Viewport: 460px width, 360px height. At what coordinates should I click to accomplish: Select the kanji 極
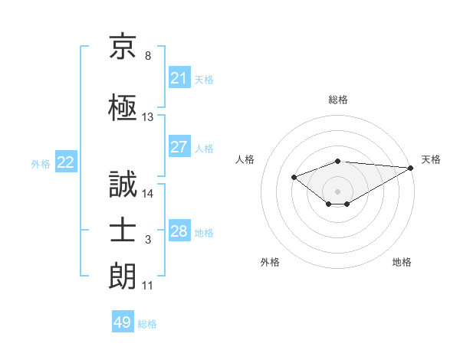coord(123,106)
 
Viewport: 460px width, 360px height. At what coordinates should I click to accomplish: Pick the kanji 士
coord(123,229)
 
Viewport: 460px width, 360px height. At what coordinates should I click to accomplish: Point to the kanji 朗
coord(123,276)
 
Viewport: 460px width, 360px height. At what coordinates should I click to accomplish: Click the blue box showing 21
coord(179,77)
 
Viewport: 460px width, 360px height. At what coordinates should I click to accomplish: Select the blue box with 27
coord(179,147)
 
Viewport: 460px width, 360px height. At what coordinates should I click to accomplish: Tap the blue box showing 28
coord(179,231)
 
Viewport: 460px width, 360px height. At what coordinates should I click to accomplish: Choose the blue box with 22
coord(66,162)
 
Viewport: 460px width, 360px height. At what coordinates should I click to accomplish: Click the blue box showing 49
coord(123,322)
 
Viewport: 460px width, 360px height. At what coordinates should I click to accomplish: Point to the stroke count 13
coord(148,117)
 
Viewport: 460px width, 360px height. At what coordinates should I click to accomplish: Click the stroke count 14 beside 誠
coord(148,193)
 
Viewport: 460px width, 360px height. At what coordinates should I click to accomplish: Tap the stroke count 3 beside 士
coord(148,241)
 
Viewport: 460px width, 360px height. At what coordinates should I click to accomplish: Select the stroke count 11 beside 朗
coord(148,286)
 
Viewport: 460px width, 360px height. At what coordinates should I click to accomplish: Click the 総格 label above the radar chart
coord(338,100)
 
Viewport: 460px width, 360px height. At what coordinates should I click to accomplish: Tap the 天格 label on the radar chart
coord(431,159)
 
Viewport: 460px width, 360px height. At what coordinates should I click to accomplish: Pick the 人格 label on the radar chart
coord(245,159)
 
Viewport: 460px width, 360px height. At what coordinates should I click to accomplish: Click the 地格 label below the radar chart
coord(402,262)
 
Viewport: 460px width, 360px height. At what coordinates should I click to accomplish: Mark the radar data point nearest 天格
coord(411,168)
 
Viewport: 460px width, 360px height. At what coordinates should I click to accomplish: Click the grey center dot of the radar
coord(337,191)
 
